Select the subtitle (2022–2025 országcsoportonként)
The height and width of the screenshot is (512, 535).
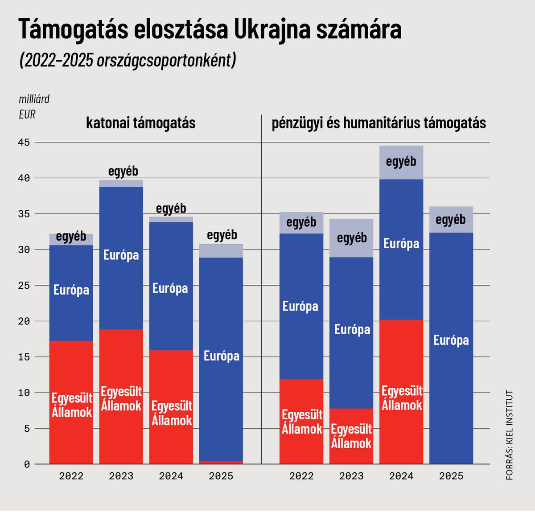(127, 60)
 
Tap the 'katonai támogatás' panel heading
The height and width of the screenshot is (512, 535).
(140, 123)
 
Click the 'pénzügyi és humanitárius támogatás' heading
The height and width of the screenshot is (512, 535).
(379, 123)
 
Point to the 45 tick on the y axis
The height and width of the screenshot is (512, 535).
(24, 143)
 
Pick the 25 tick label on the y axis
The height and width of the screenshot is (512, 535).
(24, 286)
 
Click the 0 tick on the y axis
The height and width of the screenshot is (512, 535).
(27, 464)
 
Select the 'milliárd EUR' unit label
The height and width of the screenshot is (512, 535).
(33, 106)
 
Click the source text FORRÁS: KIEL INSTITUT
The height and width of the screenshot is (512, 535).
(510, 435)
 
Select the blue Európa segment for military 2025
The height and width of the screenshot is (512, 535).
(221, 312)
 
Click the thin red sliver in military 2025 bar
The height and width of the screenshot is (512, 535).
(221, 463)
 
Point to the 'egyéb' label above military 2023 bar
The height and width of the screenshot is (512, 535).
(123, 171)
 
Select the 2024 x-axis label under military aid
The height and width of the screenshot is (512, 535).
(171, 476)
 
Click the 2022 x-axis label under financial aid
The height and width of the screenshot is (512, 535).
(301, 476)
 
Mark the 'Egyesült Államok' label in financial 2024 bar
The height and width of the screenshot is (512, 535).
(402, 398)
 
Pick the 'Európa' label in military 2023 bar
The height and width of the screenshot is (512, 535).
(121, 255)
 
